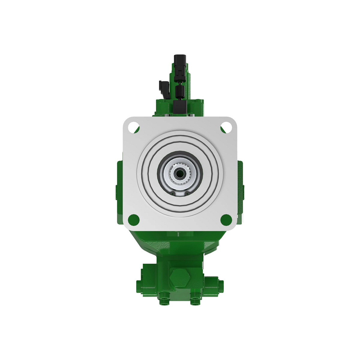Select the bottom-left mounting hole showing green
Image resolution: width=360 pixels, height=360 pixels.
[133, 220]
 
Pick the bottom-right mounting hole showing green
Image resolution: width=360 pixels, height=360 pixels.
[226, 220]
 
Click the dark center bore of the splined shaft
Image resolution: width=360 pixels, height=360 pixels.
[180, 173]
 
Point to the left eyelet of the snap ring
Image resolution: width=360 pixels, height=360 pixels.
[173, 193]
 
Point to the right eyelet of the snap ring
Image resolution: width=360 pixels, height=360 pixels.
[187, 193]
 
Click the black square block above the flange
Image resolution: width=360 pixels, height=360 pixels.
[180, 107]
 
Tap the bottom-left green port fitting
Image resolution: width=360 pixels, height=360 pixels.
[164, 300]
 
